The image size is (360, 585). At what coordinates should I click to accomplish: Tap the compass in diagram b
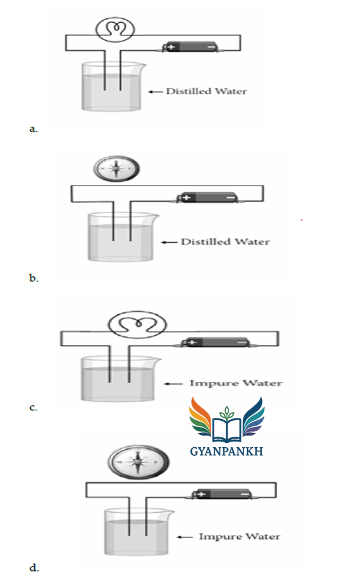(117, 168)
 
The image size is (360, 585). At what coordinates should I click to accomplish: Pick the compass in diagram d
(138, 462)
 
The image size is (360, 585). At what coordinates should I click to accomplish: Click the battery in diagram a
(190, 47)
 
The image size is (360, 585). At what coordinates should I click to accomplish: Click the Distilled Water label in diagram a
(206, 91)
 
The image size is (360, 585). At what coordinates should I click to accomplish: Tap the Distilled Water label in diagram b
(225, 242)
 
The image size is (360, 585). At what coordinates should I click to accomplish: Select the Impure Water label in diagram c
(236, 383)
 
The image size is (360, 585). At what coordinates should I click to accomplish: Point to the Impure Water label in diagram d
(239, 537)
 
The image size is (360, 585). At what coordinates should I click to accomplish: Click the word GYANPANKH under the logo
(227, 451)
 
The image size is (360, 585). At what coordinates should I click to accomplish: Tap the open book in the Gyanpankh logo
(227, 429)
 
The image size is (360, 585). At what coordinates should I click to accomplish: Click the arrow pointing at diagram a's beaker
(156, 92)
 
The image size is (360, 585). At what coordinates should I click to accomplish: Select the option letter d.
(34, 567)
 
